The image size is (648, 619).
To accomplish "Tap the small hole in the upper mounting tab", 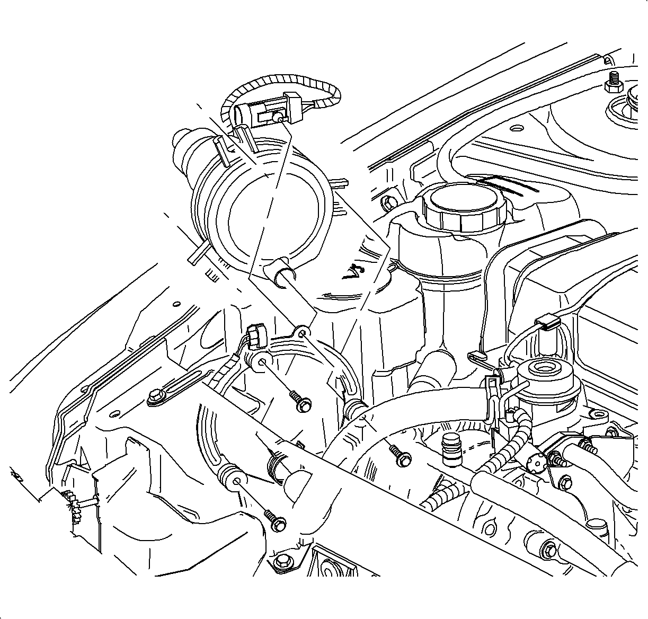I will [x=303, y=333].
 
